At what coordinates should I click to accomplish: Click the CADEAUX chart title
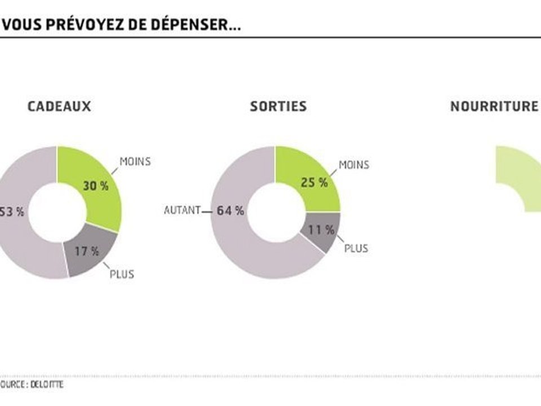click(x=59, y=107)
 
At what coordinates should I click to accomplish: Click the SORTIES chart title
click(x=278, y=107)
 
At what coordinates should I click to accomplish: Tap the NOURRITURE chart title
click(x=494, y=107)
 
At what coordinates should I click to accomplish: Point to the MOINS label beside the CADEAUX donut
click(x=135, y=162)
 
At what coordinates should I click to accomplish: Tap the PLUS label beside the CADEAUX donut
click(x=122, y=275)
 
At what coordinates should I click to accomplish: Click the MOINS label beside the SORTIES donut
click(x=354, y=165)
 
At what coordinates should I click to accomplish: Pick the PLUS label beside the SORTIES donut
click(x=356, y=248)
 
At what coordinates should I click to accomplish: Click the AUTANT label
click(x=182, y=211)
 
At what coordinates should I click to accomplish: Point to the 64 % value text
click(x=230, y=211)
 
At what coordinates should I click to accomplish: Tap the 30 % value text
click(x=95, y=186)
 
